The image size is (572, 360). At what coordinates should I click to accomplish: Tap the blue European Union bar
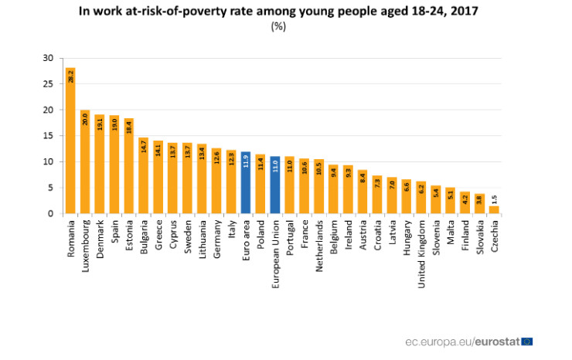click(275, 185)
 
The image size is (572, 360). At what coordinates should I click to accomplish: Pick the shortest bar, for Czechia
click(494, 209)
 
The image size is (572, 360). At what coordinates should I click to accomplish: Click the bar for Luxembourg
click(85, 161)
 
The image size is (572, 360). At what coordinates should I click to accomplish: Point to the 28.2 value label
click(70, 78)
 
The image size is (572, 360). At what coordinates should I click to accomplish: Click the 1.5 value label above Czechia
click(494, 198)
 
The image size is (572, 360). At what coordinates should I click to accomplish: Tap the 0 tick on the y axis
click(50, 213)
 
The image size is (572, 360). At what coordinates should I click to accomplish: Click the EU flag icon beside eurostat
click(527, 341)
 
